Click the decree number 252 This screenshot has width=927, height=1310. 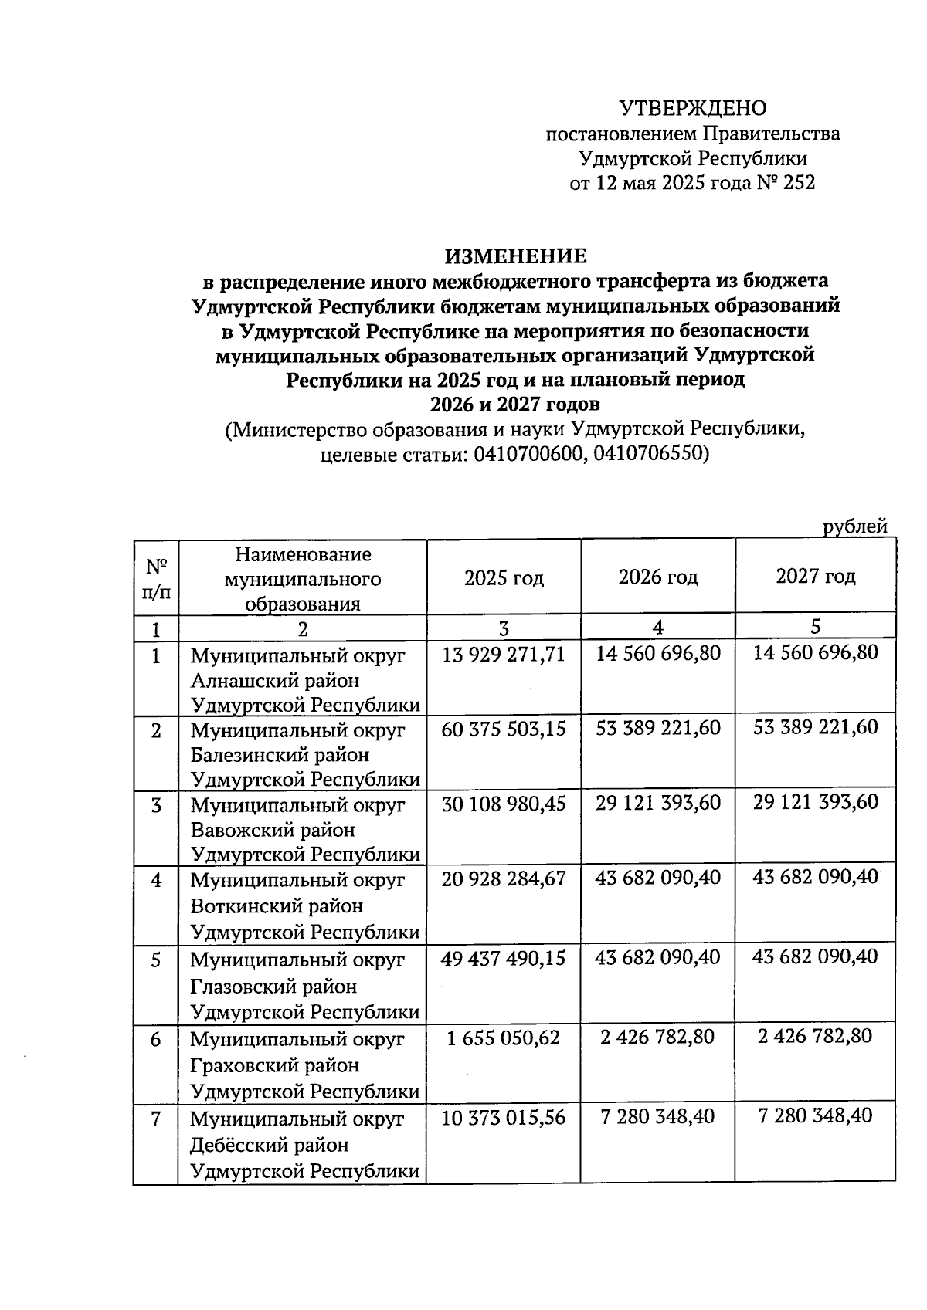click(798, 183)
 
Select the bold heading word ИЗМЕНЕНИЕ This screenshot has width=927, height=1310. click(515, 256)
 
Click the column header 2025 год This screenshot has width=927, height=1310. click(504, 578)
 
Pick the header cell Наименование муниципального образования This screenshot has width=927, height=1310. click(303, 578)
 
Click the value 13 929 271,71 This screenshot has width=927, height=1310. click(504, 655)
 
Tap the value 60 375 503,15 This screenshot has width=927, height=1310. click(504, 729)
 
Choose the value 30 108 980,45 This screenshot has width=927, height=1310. click(504, 804)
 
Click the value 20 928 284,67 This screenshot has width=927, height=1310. click(504, 878)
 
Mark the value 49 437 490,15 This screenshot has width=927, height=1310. click(504, 958)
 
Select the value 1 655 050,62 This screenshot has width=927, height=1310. click(504, 1038)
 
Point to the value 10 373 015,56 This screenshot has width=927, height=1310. click(504, 1117)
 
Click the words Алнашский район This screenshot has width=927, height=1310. click(275, 681)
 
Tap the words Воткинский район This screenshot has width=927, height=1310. click(277, 905)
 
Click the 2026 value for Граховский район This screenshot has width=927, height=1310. click(658, 1037)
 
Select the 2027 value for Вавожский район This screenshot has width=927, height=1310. click(816, 802)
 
